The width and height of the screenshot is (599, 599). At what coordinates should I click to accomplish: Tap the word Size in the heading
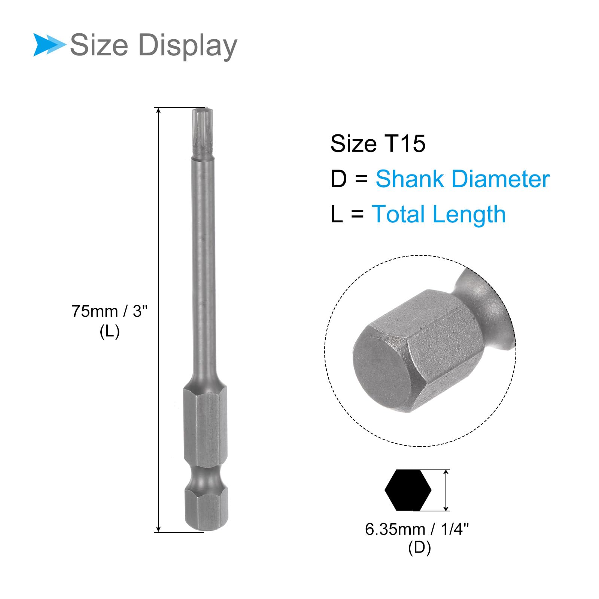tap(99, 45)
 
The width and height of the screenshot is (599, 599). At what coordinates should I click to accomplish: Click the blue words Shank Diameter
tap(463, 179)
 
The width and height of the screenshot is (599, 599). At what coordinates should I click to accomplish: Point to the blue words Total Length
tap(438, 214)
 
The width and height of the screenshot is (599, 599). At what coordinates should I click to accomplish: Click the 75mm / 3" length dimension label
tap(110, 311)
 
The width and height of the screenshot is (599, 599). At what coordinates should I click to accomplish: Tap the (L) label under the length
tap(110, 331)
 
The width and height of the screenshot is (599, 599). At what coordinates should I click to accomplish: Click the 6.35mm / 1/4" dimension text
tap(417, 529)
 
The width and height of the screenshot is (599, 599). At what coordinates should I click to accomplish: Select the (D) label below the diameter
tap(420, 548)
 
